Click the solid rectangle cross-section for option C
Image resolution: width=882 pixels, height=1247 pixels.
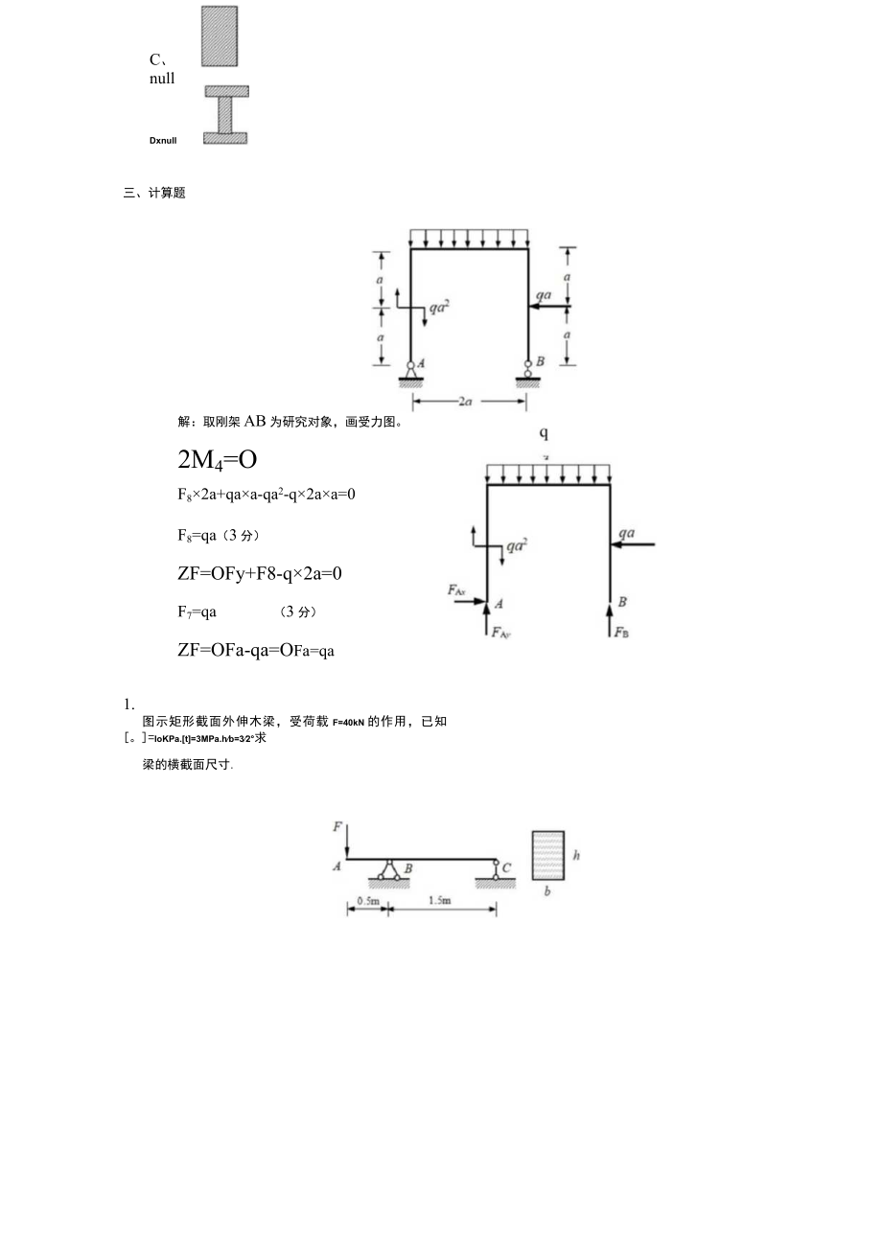tap(220, 36)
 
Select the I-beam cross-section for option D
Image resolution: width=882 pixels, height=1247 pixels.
tap(226, 115)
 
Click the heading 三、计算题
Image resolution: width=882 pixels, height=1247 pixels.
tap(154, 193)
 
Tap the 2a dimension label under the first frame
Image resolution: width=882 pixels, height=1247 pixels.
tap(465, 402)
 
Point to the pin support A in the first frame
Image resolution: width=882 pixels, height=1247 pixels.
tap(411, 368)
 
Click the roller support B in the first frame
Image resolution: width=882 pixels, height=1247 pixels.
tap(528, 368)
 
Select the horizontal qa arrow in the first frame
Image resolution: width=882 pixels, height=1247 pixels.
tap(548, 308)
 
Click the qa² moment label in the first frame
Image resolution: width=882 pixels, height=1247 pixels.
tap(439, 308)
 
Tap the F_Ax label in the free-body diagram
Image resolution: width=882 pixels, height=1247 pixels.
tap(456, 590)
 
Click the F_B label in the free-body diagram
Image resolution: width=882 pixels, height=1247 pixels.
tap(622, 633)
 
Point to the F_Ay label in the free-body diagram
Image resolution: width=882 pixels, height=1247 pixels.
tap(500, 632)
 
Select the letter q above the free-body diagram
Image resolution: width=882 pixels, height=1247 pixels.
tap(544, 433)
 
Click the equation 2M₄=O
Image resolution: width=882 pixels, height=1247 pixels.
tap(218, 460)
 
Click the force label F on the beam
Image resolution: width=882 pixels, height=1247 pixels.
tap(337, 824)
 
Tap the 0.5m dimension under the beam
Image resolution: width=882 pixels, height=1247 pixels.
tap(367, 901)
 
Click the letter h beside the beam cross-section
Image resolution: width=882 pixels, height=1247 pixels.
tap(576, 855)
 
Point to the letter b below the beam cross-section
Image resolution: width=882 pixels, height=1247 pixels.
tap(546, 891)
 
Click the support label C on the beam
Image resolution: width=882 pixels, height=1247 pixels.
tap(506, 867)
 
